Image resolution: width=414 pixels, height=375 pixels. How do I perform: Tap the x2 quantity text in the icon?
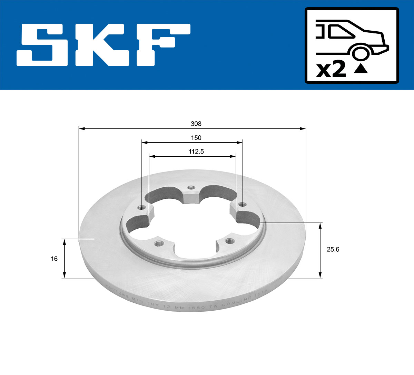[331, 70]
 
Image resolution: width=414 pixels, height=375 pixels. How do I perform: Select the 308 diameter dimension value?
[196, 124]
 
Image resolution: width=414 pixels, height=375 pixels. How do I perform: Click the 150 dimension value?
[196, 138]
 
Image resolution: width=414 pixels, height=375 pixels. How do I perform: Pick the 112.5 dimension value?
[196, 152]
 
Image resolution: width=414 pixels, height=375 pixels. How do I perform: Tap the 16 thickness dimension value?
[54, 259]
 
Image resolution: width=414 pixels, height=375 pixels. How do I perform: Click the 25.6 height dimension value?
[333, 249]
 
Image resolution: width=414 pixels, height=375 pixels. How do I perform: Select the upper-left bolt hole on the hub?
[140, 208]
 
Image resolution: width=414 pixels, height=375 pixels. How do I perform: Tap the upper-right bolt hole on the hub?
[241, 205]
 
